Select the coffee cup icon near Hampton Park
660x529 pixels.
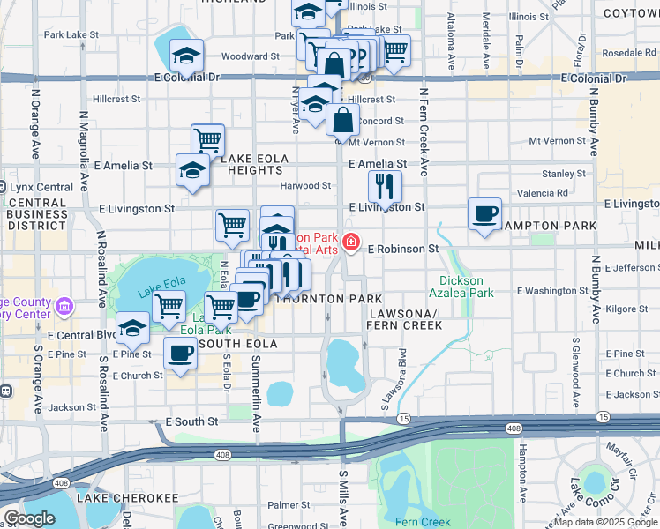(484, 215)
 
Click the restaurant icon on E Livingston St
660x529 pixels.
(384, 185)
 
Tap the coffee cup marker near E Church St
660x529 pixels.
(181, 354)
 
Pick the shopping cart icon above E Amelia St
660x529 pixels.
(207, 139)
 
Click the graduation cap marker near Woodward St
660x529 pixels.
(186, 56)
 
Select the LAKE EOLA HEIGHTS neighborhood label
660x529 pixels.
(255, 164)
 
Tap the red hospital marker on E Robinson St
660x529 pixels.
(351, 242)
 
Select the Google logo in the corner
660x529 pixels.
(28, 518)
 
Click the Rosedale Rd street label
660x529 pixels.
(630, 53)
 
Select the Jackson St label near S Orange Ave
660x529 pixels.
(71, 407)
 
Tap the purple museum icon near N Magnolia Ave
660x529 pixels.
(64, 307)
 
